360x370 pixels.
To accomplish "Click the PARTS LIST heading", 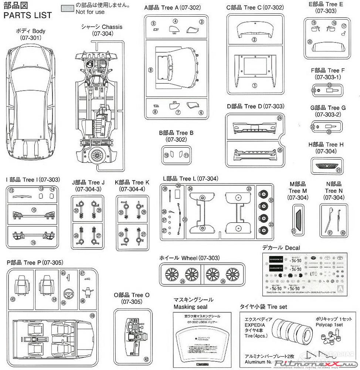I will (27, 16).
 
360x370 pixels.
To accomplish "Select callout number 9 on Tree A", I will (151, 70).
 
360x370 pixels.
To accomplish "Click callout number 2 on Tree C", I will (254, 40).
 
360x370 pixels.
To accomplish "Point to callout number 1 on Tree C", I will (254, 85).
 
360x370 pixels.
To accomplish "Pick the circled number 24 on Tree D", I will (279, 118).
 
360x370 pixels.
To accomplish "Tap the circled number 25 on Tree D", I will (279, 150).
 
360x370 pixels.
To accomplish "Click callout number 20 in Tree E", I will (310, 42).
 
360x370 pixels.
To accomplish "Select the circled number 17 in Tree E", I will (344, 26).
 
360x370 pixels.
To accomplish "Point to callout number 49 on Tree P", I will (92, 316).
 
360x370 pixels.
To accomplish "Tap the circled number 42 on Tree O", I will (146, 359).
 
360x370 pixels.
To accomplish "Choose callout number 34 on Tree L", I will (190, 189).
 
